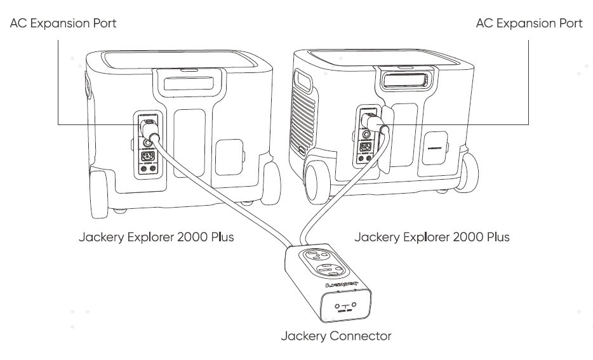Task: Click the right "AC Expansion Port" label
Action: tap(529, 23)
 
